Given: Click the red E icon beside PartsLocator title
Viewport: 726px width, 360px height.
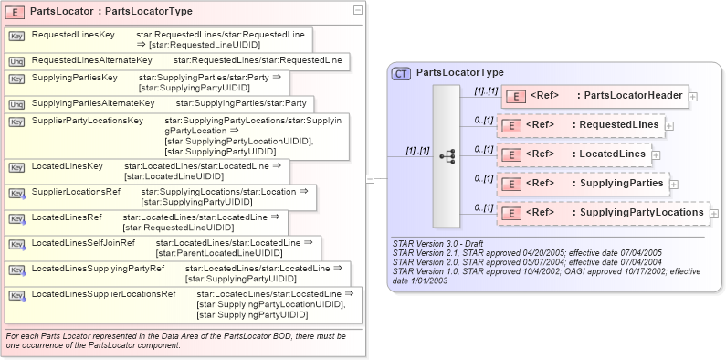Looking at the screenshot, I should pos(16,11).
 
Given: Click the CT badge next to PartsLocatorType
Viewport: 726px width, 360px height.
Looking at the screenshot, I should pos(400,72).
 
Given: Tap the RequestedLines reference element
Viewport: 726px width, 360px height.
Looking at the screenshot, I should pos(579,125).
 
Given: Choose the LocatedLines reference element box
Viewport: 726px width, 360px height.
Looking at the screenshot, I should pos(573,154).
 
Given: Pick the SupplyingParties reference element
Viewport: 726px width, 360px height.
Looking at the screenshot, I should pos(582,184).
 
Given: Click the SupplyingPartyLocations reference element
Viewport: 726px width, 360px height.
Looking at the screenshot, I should pos(602,213).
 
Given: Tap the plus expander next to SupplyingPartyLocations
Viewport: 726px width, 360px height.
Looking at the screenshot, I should pos(714,214).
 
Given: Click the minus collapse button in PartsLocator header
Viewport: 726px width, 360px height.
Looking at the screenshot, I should pos(357,10).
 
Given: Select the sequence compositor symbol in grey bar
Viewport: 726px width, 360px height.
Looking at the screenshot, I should pos(447,156).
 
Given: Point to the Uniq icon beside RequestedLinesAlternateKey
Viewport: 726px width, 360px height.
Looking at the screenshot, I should pos(16,60).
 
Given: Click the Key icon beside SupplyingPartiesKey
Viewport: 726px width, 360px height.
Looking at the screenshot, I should pos(16,79).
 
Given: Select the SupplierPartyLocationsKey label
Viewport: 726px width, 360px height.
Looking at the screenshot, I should pos(87,121).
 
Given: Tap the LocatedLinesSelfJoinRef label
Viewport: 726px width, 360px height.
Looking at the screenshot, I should pos(83,243).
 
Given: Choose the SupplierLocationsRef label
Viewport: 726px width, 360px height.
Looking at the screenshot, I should pos(76,192).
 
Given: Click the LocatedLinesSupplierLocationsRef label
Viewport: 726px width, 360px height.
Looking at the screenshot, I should pos(103,294).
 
